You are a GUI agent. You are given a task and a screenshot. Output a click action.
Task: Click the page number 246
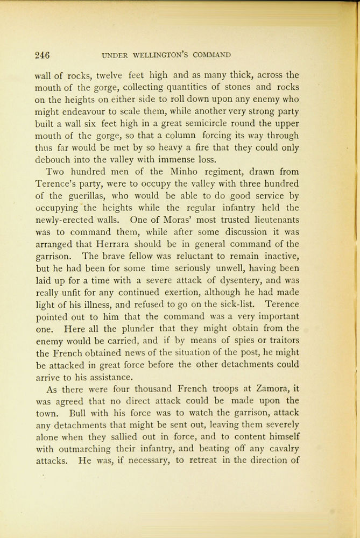coord(42,55)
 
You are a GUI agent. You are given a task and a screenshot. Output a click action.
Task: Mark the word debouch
coord(53,159)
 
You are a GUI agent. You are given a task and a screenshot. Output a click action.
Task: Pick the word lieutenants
coord(269,220)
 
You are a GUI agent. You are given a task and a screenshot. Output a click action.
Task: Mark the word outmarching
coord(87,449)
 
